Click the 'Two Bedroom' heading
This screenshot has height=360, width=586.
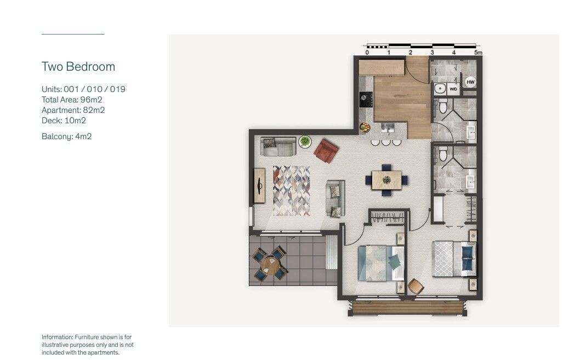coord(78,66)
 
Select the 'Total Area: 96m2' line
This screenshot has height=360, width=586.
coord(72,100)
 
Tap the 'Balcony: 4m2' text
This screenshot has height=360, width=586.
coord(66,136)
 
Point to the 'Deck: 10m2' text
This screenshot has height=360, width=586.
coord(64,121)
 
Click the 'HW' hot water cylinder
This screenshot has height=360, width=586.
coord(470,82)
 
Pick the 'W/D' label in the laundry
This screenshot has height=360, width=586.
coord(453,89)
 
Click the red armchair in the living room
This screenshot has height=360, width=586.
coord(326,151)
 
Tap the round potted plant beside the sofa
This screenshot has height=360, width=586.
coord(305,141)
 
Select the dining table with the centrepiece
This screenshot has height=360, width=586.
coord(386,180)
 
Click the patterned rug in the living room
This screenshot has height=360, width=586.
coord(292,191)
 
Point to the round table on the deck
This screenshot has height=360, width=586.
coord(270,265)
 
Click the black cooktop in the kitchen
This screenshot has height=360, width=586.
coord(366,100)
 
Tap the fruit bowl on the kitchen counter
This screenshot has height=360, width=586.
coord(365,127)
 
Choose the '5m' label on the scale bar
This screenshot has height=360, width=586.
coord(479,53)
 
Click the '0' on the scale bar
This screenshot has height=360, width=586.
coord(367,53)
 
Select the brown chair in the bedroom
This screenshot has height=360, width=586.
coord(416,287)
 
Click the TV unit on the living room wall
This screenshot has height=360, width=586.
coord(259,186)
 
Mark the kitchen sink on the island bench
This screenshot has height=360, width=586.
coord(388,128)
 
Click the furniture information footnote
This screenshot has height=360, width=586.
coord(88,345)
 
